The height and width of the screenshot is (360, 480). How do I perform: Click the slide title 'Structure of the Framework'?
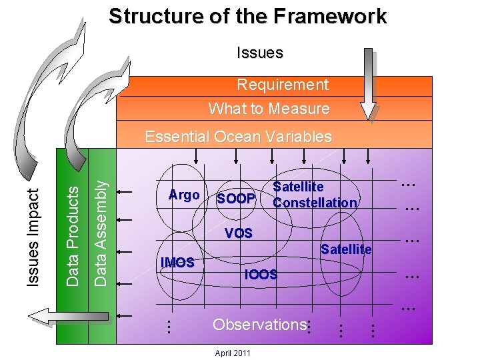tap(247, 16)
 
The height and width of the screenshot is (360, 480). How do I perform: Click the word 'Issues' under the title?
tap(260, 53)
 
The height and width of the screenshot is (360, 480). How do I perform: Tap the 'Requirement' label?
tap(283, 85)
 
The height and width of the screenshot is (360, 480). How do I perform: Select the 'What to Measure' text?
tap(269, 108)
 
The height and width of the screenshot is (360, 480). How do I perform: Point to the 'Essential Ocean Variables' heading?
tap(238, 137)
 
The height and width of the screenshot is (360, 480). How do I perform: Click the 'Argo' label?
tap(184, 195)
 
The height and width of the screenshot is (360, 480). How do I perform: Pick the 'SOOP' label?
tap(236, 199)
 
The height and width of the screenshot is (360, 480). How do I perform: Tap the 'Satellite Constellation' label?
tap(314, 195)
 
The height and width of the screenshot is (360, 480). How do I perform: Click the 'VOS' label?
tap(239, 233)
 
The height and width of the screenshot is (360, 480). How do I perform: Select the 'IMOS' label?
tap(177, 263)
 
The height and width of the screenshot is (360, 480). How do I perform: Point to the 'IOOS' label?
tap(261, 274)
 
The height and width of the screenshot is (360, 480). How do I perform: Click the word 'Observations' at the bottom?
tap(258, 325)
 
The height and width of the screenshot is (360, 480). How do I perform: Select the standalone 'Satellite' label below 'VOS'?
tap(346, 249)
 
